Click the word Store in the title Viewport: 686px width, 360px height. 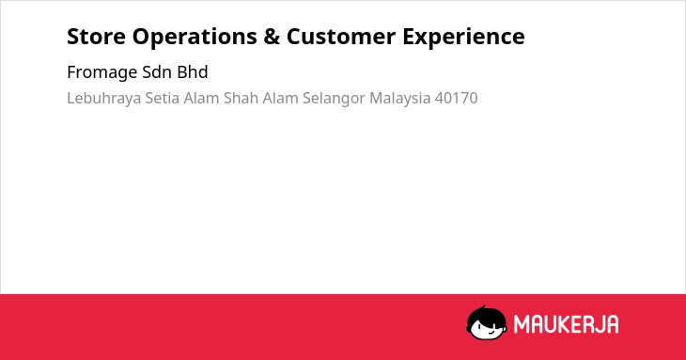click(96, 37)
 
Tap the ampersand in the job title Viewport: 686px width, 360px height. click(272, 37)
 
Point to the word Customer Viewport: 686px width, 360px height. click(341, 37)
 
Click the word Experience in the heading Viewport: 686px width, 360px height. click(463, 38)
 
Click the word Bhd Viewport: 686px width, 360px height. click(193, 72)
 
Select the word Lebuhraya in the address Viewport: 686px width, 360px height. click(104, 99)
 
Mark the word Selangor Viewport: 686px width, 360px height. click(334, 99)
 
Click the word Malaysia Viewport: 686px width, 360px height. click(400, 99)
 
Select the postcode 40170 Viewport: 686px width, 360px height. click(457, 99)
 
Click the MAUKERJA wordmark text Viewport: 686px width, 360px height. click(566, 324)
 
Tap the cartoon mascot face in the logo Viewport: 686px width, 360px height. click(487, 322)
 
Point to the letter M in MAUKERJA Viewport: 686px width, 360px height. click(522, 324)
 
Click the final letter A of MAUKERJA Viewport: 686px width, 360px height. click(613, 324)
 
